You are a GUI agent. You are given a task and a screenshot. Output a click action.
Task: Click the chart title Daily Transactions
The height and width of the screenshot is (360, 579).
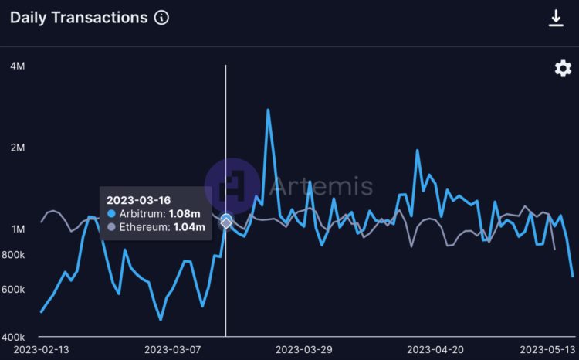point(78,18)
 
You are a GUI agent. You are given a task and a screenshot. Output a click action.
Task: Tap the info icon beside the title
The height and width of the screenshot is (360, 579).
point(161,18)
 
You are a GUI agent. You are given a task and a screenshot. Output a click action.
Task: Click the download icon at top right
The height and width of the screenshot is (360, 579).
point(556,18)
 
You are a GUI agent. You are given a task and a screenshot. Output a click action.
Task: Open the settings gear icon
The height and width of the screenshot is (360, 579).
point(564,69)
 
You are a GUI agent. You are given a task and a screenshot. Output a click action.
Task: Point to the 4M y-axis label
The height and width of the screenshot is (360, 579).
point(17,66)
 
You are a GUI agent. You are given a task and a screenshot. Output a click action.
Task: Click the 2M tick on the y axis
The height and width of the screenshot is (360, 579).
point(17,148)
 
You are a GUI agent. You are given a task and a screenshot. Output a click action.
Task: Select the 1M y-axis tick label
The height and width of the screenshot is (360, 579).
point(17,229)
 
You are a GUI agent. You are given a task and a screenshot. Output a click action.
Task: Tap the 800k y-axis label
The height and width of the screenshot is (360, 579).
point(13,255)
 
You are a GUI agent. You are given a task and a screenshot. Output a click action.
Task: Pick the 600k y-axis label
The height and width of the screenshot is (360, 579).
point(13,289)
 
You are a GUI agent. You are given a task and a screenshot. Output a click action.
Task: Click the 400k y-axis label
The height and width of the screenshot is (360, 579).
point(13,337)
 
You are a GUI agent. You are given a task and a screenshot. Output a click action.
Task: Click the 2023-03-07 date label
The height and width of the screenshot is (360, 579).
point(172,350)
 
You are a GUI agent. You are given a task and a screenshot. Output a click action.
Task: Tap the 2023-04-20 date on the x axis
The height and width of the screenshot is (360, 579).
point(435,350)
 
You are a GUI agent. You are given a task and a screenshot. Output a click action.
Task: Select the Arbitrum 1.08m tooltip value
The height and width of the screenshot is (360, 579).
point(185,213)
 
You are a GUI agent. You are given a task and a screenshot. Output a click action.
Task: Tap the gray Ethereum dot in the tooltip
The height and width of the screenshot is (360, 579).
point(112,227)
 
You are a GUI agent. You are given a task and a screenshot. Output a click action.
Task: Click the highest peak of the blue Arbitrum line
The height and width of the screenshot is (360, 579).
point(268,110)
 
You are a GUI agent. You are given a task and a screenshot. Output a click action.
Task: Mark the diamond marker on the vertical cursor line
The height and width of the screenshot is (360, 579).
point(225,222)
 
